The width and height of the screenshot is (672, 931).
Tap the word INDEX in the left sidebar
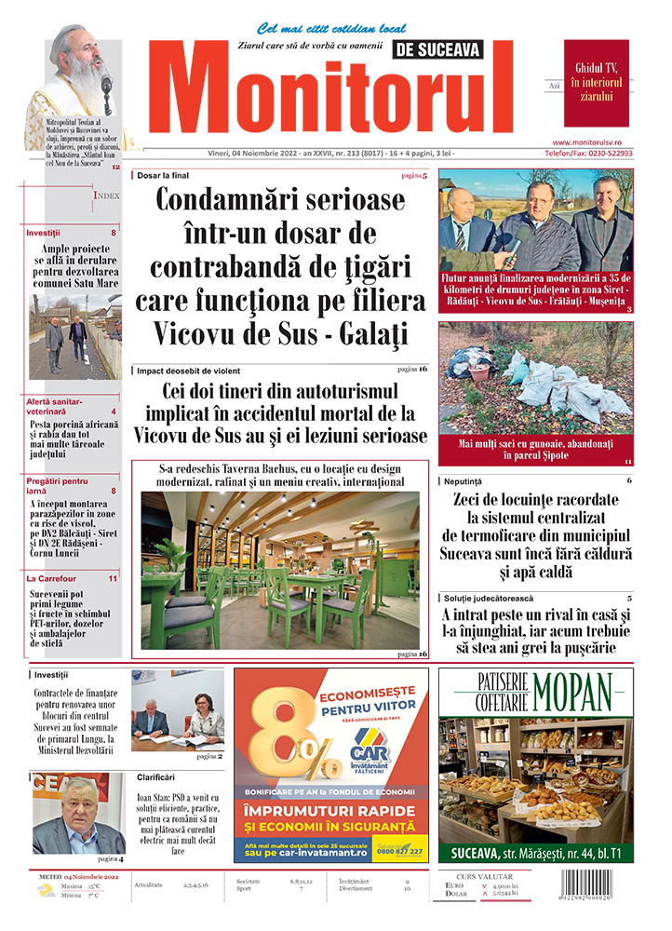(x=106, y=196)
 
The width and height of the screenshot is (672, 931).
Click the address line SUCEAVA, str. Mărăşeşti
(x=520, y=852)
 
